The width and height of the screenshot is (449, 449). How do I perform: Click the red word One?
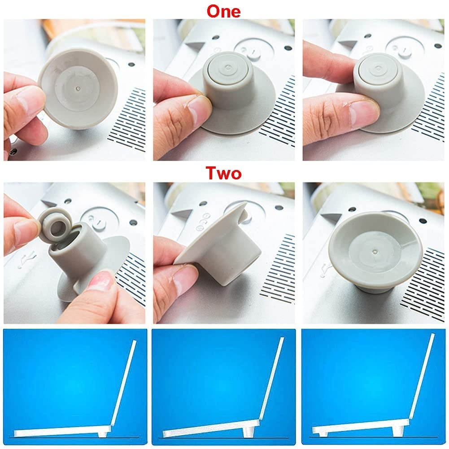(x=223, y=12)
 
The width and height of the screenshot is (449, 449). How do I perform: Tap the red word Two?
(x=224, y=173)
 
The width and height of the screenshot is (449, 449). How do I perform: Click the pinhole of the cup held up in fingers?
(x=78, y=89)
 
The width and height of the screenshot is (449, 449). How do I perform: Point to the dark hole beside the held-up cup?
(x=132, y=65)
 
